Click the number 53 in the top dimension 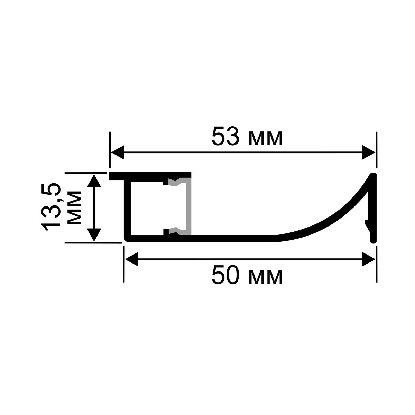click(225, 137)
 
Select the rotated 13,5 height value click(51, 207)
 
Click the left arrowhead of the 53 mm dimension click(118, 152)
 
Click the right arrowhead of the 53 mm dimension click(368, 152)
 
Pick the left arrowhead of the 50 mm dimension click(131, 259)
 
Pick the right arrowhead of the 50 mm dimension click(368, 259)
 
